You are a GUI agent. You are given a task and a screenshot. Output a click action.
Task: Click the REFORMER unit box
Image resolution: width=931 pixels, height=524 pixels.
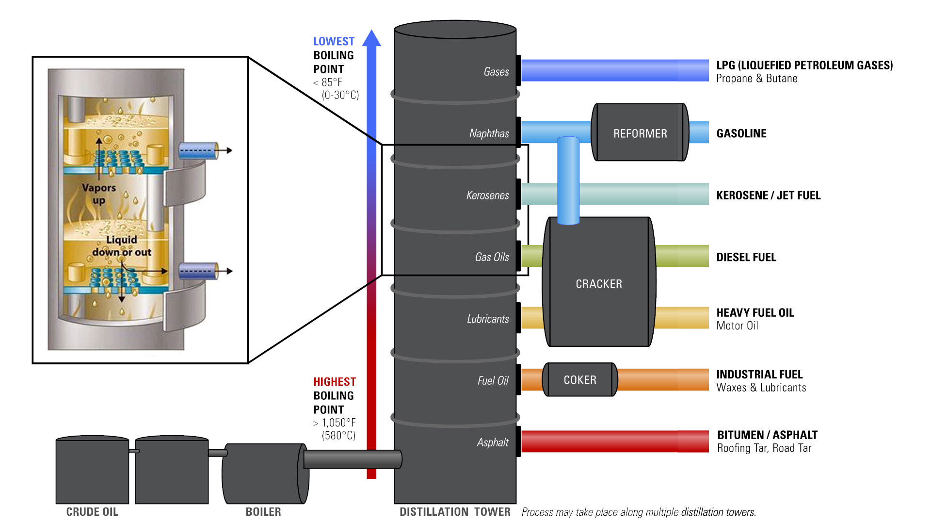tap(640, 132)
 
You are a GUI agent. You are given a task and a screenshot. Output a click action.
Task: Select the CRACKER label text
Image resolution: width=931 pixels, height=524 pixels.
tap(599, 284)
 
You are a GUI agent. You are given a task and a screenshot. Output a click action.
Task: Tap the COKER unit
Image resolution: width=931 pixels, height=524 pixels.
tap(580, 380)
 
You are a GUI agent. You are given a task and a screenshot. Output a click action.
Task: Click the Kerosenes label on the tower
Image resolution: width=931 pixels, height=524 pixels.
tap(487, 195)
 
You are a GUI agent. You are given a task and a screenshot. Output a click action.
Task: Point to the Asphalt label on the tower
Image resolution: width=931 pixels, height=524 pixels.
tap(493, 442)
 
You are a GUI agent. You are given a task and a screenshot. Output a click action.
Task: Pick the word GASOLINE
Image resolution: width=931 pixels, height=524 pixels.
tap(741, 133)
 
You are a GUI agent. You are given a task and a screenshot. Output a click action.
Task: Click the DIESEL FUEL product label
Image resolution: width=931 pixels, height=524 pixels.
tap(746, 257)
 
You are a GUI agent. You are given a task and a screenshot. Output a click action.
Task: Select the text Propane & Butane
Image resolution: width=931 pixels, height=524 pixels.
tap(756, 79)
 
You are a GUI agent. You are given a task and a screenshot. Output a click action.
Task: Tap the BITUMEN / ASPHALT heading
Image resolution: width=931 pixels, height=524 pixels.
tap(767, 435)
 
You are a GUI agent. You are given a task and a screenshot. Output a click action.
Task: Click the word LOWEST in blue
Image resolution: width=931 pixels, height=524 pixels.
tap(334, 41)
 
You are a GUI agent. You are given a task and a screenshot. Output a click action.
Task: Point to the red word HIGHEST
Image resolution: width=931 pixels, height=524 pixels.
tap(334, 382)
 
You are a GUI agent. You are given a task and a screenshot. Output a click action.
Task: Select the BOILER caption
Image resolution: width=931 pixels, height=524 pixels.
tap(263, 512)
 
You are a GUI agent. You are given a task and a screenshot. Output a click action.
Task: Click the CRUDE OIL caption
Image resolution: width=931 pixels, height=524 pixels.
tap(92, 512)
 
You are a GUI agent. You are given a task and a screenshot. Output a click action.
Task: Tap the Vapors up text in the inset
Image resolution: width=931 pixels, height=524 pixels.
tap(99, 194)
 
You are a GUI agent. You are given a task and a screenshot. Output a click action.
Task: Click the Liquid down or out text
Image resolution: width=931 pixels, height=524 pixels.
tap(122, 246)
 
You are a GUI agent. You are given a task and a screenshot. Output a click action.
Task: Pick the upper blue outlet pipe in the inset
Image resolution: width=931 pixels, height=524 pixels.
tap(198, 150)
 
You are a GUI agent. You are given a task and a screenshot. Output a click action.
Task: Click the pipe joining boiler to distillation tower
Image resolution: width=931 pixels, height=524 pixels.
tap(352, 458)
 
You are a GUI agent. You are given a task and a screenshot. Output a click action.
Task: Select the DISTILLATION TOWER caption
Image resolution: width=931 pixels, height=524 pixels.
tap(454, 512)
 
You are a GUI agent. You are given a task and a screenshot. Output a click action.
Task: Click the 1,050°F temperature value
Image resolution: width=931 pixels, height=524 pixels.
tap(338, 423)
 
